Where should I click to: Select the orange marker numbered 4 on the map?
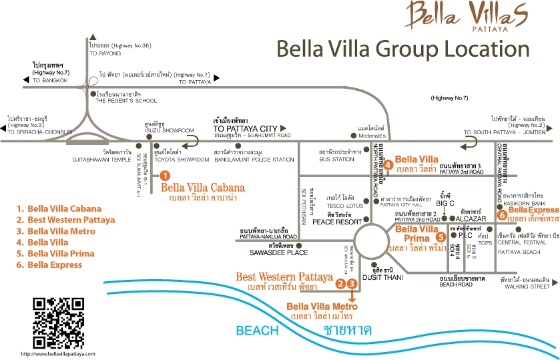(x=388, y=165)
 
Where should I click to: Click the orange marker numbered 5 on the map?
(x=440, y=236)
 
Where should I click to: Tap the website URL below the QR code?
(x=57, y=353)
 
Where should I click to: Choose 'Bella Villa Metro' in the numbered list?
(x=61, y=231)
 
